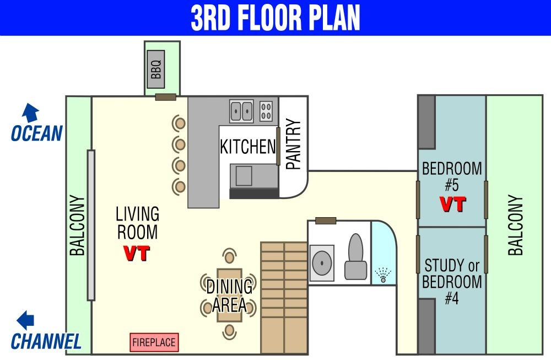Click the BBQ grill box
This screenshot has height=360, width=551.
[x=156, y=69]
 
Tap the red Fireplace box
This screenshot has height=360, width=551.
[x=154, y=342]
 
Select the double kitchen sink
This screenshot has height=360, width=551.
[x=241, y=111]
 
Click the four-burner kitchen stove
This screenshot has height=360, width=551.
[x=266, y=111]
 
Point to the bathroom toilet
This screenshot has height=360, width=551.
[x=356, y=257]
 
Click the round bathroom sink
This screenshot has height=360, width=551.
[x=322, y=263]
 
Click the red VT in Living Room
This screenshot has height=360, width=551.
[x=137, y=253]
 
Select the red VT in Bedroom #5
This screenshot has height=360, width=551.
[x=453, y=205]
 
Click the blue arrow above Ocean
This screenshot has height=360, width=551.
[x=30, y=112]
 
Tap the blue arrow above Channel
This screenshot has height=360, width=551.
[x=25, y=320]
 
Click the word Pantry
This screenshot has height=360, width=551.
[x=294, y=144]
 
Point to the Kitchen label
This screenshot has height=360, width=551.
[x=248, y=147]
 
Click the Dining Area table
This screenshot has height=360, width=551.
[x=229, y=295]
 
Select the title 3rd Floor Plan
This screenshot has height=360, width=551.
[x=275, y=18]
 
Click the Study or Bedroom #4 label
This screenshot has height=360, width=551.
[x=452, y=282]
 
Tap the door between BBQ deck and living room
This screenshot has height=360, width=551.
[x=166, y=97]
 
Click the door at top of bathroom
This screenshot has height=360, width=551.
[x=326, y=221]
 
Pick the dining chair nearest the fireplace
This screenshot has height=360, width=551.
[x=229, y=331]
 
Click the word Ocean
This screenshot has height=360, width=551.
[x=37, y=133]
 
